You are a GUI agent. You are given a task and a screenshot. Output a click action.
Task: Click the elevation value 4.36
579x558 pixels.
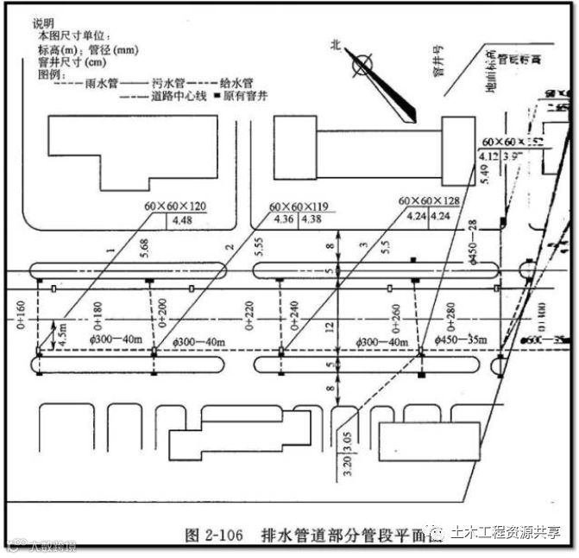(x=282, y=219)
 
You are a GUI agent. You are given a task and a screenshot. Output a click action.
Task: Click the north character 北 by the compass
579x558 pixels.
(x=336, y=48)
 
